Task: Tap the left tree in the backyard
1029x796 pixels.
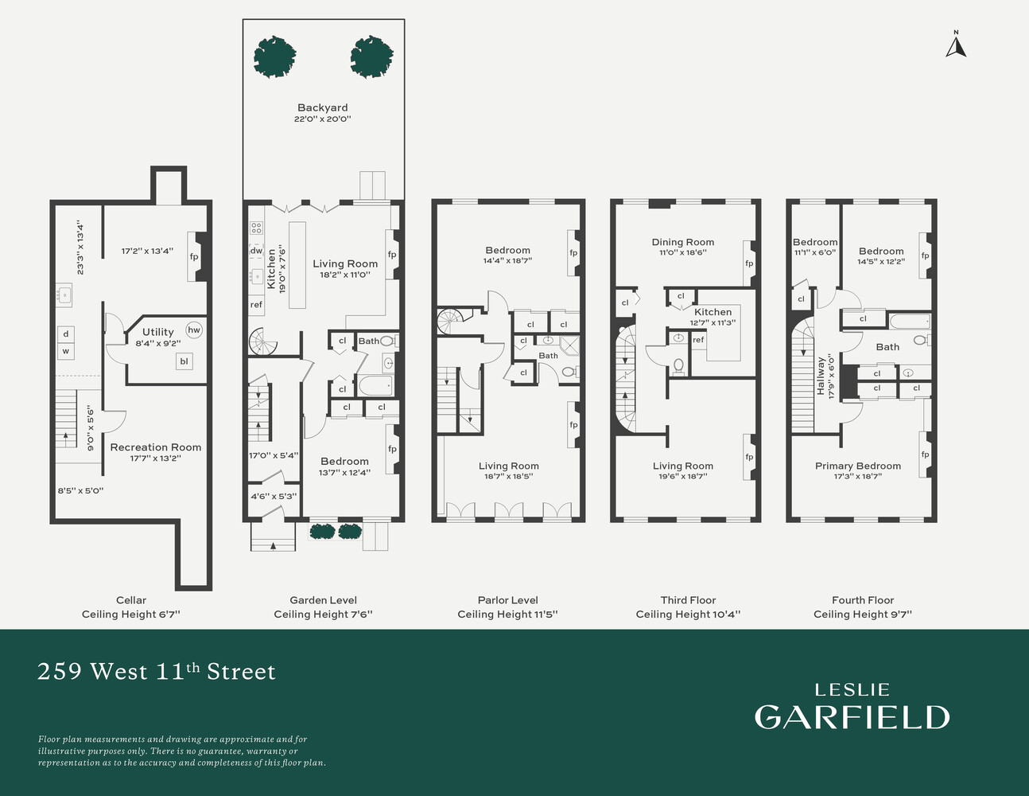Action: click(x=274, y=57)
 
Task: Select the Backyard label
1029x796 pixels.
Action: click(x=323, y=107)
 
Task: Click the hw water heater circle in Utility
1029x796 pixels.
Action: click(x=194, y=330)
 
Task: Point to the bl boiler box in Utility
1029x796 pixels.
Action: click(x=184, y=361)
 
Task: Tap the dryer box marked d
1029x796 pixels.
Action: click(x=66, y=334)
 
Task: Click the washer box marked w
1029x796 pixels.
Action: click(x=66, y=351)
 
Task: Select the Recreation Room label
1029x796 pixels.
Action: click(x=156, y=447)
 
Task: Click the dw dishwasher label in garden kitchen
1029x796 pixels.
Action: click(x=256, y=251)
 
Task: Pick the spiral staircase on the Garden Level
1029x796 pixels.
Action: click(x=263, y=341)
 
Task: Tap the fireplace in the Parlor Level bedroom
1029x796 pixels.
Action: click(x=574, y=253)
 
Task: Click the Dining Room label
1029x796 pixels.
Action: click(x=683, y=242)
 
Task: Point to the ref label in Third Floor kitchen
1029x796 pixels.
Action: click(x=698, y=340)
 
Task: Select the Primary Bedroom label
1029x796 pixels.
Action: click(x=858, y=466)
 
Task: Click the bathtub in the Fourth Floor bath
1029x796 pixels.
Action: click(x=911, y=321)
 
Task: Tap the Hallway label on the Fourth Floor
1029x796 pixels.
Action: click(x=821, y=376)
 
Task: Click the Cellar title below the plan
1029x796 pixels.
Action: click(x=131, y=600)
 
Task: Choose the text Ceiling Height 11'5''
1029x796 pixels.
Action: click(x=507, y=614)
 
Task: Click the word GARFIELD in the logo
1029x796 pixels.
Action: click(x=852, y=717)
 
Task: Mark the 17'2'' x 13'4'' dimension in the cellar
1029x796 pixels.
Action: click(x=147, y=251)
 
